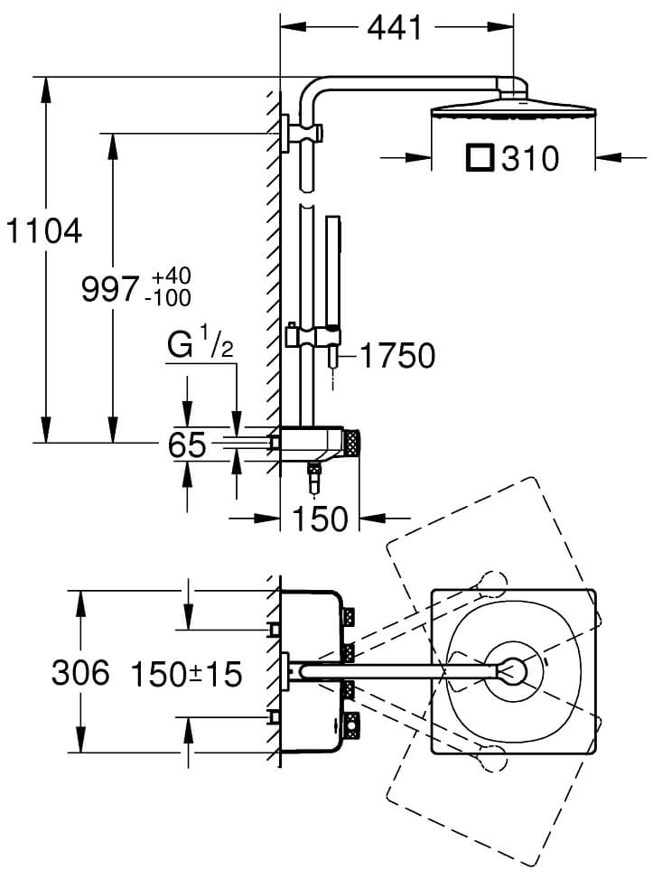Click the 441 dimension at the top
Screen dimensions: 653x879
394,28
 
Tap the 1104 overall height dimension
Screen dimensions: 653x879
44,231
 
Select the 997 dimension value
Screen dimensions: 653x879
110,289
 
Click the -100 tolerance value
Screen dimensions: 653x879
168,298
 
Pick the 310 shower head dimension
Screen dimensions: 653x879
530,159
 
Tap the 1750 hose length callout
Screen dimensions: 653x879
396,355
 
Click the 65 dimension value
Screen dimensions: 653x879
187,445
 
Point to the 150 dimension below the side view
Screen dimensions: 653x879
320,519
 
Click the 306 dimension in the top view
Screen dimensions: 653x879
80,673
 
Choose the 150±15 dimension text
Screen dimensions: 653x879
186,674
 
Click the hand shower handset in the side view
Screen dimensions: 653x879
332,270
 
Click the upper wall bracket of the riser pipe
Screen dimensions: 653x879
303,134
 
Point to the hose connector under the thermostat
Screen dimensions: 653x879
314,476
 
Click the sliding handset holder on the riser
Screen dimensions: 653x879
312,338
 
